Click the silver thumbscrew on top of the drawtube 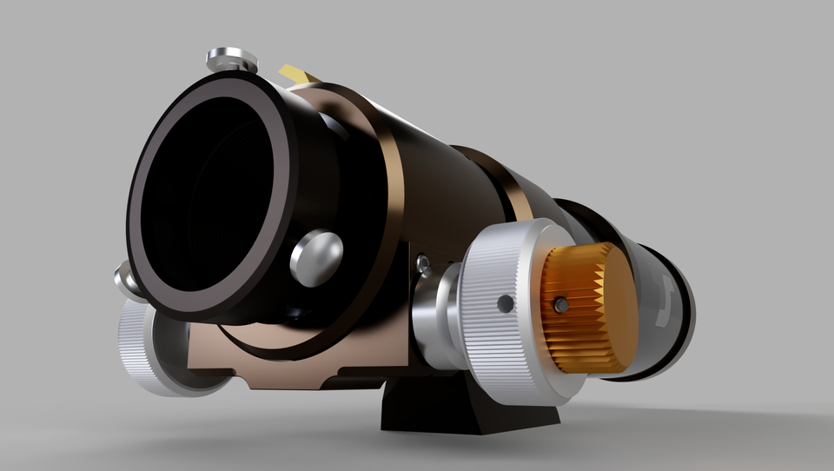coord(231,60)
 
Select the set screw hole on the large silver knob coord(505,303)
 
